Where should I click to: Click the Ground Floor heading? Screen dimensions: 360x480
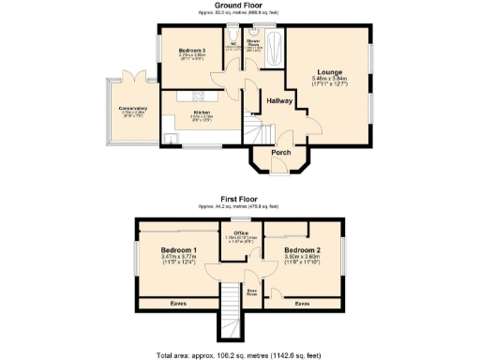(x=240, y=6)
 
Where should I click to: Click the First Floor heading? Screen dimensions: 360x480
(x=240, y=200)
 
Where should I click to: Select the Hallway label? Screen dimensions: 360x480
(x=280, y=100)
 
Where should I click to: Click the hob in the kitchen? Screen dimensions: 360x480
(x=199, y=94)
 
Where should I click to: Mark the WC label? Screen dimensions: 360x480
(x=232, y=43)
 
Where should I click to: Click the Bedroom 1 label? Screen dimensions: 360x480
(x=178, y=250)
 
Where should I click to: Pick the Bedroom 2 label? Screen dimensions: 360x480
(x=303, y=250)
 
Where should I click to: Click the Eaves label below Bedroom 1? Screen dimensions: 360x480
(x=178, y=303)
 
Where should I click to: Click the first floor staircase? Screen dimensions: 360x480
(x=231, y=314)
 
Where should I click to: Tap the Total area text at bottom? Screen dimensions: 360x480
(x=240, y=354)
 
